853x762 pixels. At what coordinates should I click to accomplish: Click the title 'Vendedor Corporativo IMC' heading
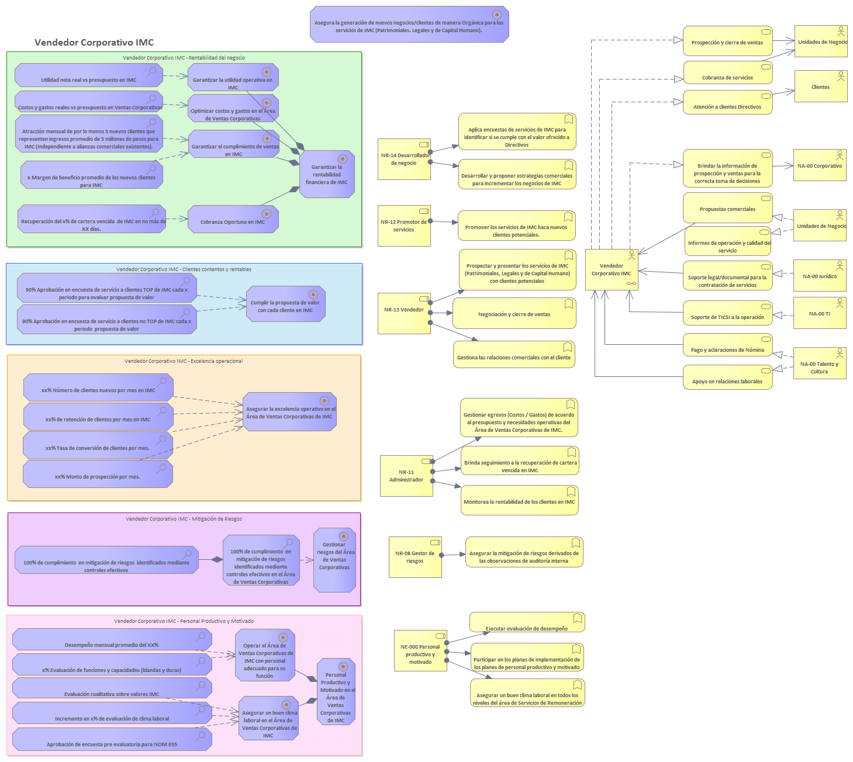94,43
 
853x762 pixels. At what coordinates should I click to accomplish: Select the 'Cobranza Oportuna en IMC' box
233,219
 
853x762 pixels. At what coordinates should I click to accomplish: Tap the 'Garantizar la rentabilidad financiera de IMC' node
327,174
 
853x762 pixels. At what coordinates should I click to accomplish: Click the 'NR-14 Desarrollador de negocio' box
404,159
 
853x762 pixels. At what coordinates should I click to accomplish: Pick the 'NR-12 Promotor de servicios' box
404,226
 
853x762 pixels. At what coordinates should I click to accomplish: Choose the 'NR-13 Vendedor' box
404,313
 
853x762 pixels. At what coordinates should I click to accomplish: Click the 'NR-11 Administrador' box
406,476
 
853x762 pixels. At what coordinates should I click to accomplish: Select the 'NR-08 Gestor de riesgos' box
415,557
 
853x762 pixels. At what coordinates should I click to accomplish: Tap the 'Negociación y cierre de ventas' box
514,314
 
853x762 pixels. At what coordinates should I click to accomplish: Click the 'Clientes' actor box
821,86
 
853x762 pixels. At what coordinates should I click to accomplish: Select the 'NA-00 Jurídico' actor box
820,276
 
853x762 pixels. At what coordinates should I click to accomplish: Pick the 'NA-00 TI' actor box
820,313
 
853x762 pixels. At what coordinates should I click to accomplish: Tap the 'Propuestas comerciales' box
727,208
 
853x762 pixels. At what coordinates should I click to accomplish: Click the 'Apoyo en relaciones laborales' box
727,378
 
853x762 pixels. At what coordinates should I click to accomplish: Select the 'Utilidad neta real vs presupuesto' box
89,76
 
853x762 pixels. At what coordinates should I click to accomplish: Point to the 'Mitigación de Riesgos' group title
184,519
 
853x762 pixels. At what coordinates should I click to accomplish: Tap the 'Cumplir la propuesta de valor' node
285,304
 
